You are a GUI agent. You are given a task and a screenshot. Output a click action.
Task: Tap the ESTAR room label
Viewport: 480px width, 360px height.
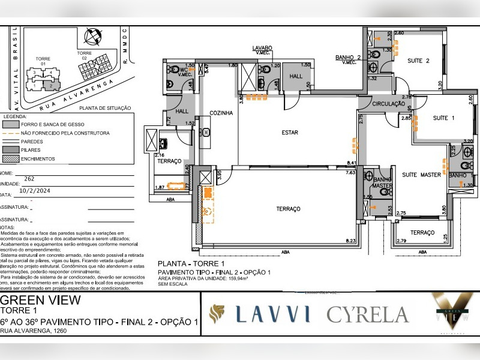click(290, 132)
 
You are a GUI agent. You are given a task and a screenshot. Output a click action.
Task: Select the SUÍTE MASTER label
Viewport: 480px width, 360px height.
click(421, 175)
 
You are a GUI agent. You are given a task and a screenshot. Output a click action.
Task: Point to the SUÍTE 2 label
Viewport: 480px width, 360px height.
click(418, 61)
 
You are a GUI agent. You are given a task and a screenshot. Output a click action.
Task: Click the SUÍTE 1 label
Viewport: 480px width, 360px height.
click(443, 118)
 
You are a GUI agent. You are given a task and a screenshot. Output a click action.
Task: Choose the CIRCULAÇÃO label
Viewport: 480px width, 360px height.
click(388, 104)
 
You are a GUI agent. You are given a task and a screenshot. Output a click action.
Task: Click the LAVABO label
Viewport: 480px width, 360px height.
click(262, 48)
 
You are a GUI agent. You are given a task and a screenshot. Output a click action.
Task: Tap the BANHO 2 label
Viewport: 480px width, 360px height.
click(348, 58)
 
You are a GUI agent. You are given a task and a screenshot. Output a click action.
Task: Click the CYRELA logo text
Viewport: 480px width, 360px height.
click(367, 314)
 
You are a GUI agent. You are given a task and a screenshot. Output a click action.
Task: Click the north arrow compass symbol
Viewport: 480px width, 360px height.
click(93, 38)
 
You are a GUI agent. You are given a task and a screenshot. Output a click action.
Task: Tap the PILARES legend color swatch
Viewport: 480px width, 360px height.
click(11, 150)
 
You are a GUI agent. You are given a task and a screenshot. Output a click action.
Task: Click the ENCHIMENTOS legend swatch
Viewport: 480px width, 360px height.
click(11, 159)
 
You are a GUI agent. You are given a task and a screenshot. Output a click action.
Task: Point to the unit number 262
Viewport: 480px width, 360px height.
click(29, 179)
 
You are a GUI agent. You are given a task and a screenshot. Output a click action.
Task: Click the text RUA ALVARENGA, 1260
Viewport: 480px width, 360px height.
click(32, 331)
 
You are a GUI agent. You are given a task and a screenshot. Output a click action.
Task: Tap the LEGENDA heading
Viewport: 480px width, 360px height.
click(16, 116)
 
